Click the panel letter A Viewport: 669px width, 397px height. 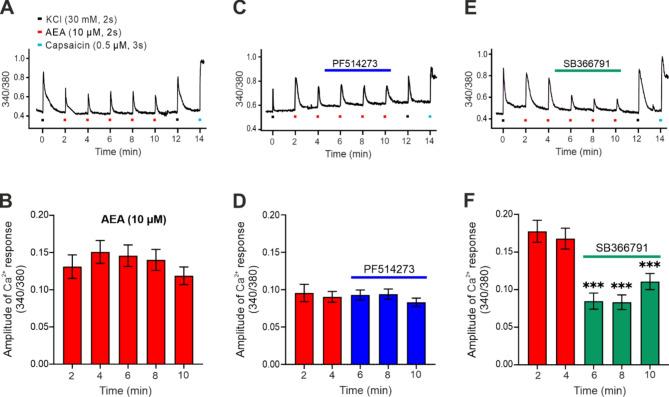coord(9,10)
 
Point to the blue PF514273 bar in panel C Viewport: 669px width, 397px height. coord(358,70)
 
